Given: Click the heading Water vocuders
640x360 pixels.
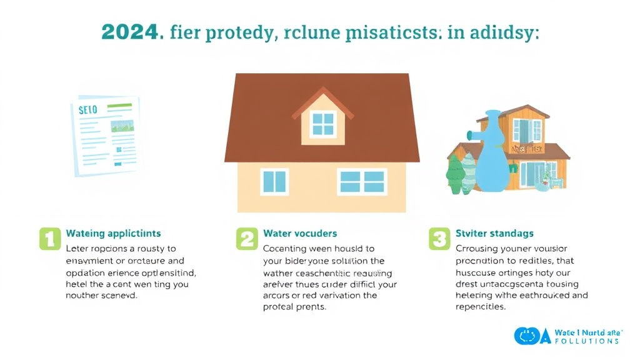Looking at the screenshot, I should (300, 233).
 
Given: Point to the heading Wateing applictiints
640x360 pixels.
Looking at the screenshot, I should (113, 233).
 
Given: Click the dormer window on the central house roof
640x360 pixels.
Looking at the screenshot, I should (322, 123).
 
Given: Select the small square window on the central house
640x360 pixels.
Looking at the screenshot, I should (274, 181).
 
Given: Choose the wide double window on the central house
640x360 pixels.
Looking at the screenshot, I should (362, 181).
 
